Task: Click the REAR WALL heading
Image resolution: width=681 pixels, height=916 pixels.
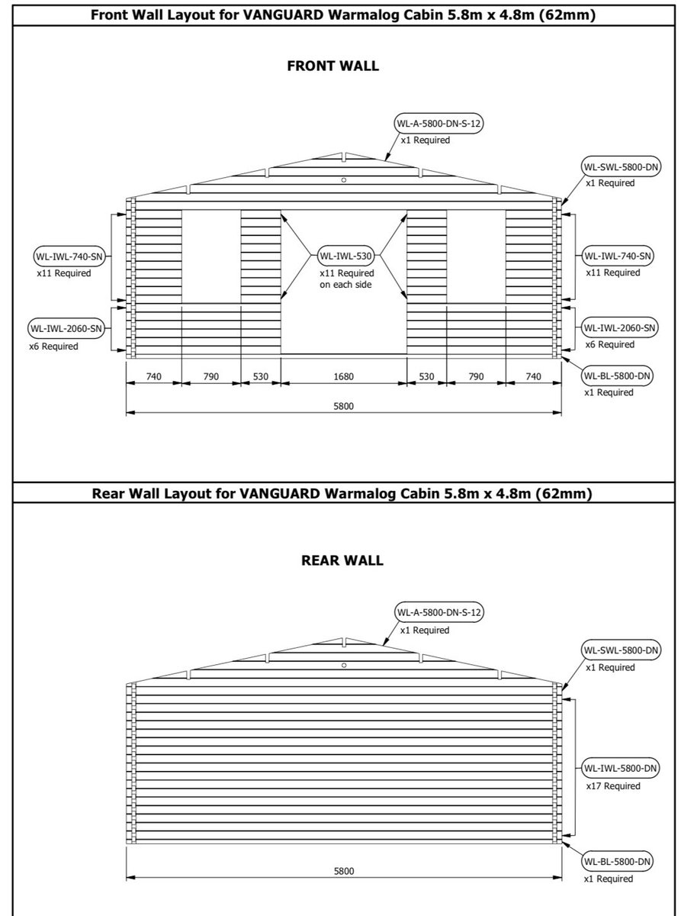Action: click(x=343, y=561)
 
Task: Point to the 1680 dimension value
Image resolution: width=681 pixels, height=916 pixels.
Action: click(x=343, y=376)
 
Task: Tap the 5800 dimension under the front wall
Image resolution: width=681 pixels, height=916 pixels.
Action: click(x=343, y=407)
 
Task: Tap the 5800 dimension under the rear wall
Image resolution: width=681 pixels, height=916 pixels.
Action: click(x=343, y=871)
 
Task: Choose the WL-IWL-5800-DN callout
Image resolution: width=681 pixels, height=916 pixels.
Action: click(x=620, y=768)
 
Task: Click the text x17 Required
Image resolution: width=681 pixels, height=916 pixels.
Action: click(x=612, y=786)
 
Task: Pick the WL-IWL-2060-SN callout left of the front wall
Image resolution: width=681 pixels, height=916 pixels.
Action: click(x=66, y=328)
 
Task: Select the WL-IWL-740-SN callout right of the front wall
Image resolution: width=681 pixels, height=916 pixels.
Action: click(x=618, y=255)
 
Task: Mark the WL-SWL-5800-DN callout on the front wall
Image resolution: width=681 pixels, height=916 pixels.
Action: click(x=620, y=166)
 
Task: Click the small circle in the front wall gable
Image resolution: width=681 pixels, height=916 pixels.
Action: click(x=344, y=180)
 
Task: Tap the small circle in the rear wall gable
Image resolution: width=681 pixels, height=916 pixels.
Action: click(x=344, y=666)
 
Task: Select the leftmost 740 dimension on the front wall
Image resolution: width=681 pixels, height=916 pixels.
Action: click(x=153, y=376)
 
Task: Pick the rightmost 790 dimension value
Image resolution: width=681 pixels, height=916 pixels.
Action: click(x=475, y=376)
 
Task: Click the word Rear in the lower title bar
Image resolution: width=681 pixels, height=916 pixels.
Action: click(x=108, y=493)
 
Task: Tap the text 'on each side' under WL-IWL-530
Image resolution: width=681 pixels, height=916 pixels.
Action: click(x=345, y=284)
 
